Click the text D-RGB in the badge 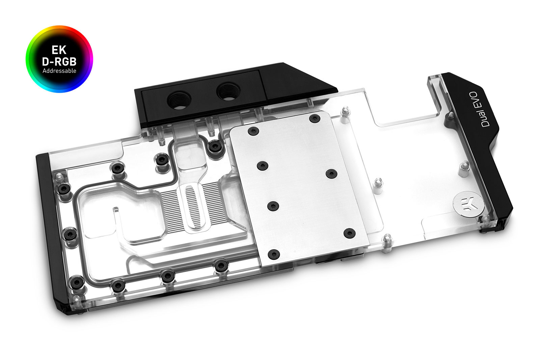(59, 62)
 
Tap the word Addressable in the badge (59, 71)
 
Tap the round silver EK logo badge (466, 204)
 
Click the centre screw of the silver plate (273, 205)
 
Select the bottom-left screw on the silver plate (274, 254)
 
